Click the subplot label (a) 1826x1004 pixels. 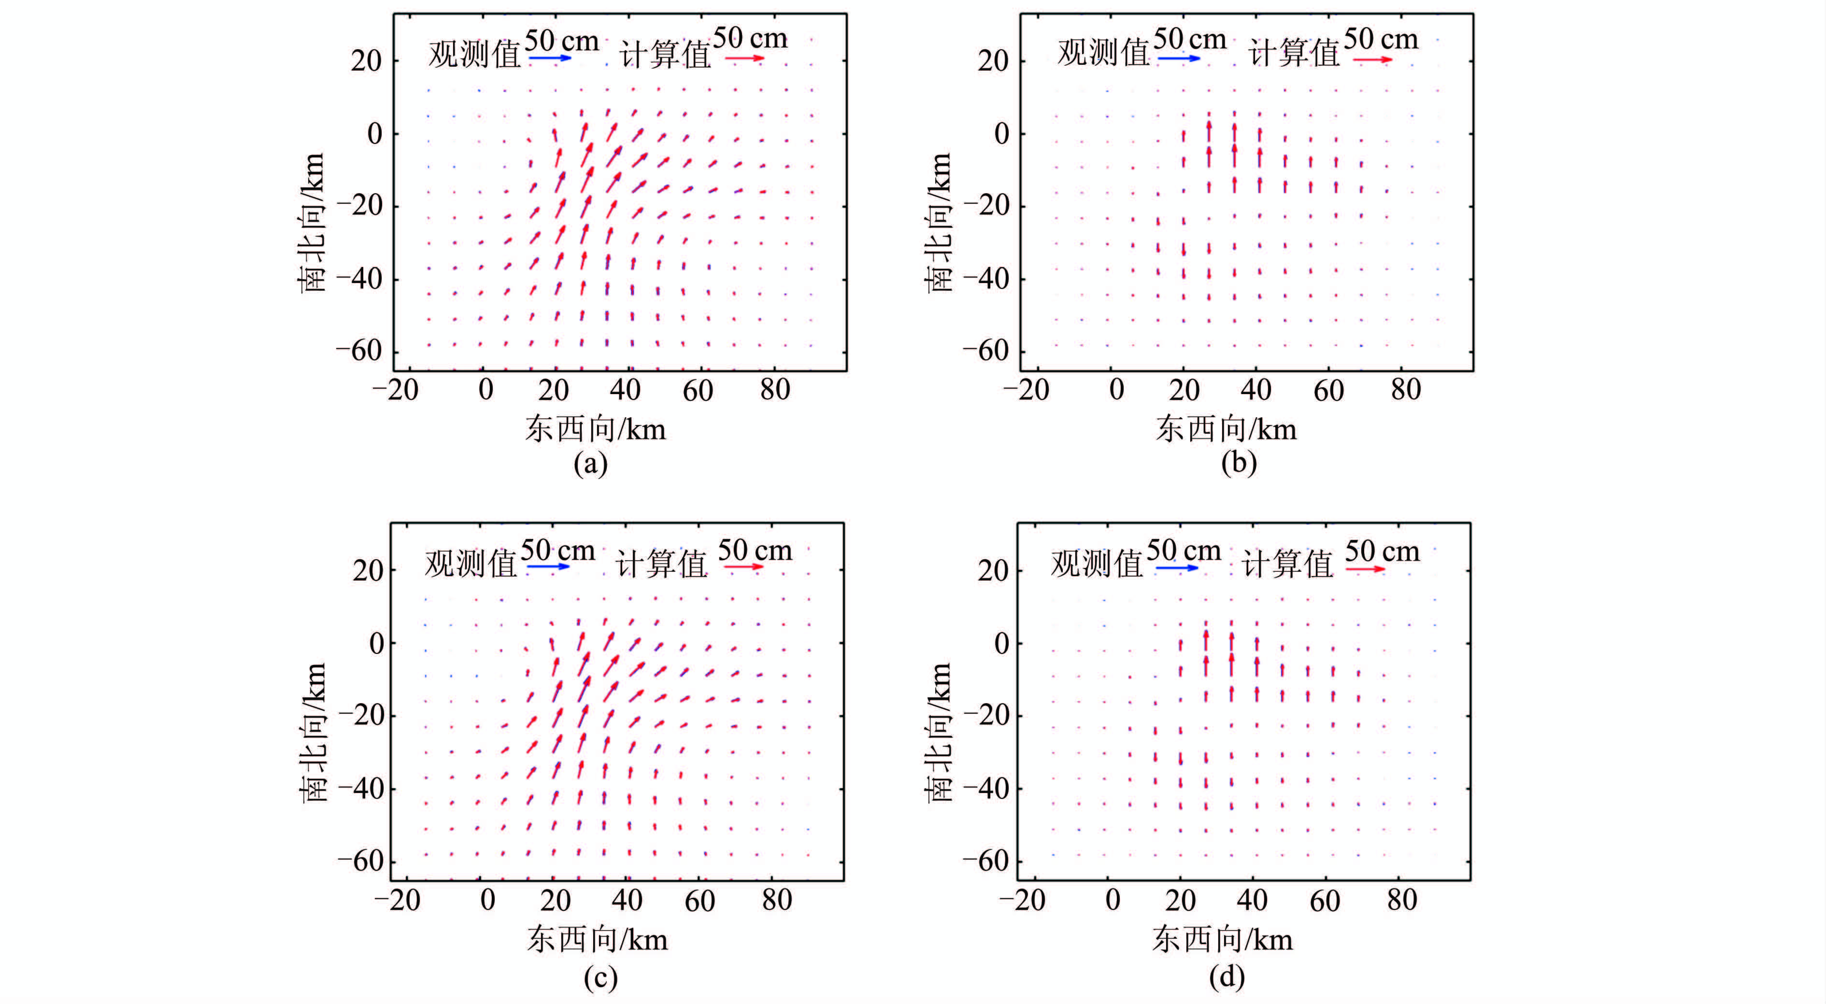[x=590, y=464]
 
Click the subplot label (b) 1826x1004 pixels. [x=1239, y=462]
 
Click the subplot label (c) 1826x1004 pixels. [x=600, y=978]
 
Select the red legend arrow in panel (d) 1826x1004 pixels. [x=1365, y=569]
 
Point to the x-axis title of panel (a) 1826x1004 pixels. [x=596, y=429]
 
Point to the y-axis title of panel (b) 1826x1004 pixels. [x=939, y=222]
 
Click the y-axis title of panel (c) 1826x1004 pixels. [x=313, y=732]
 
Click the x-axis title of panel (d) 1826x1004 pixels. [x=1222, y=939]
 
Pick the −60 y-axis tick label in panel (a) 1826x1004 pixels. [x=358, y=351]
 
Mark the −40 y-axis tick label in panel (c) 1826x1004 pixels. [x=361, y=788]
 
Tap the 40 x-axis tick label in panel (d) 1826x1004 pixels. [x=1252, y=900]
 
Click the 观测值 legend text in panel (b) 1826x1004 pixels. [x=1103, y=53]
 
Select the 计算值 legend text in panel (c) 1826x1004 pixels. [x=661, y=564]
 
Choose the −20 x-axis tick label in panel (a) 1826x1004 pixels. [x=396, y=390]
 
